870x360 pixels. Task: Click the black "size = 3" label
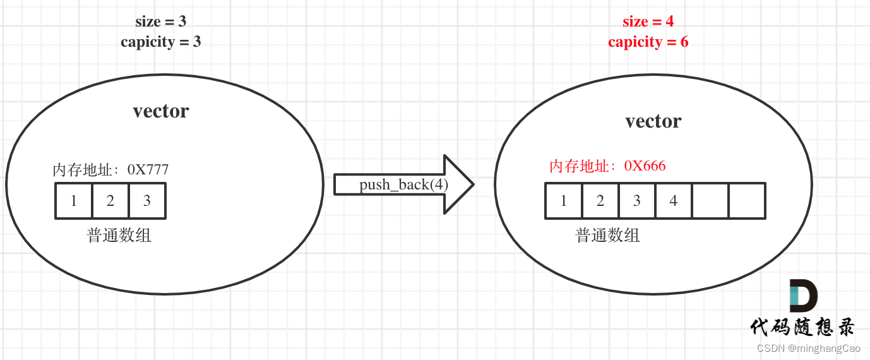(x=161, y=21)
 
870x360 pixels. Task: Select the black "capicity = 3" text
(x=161, y=42)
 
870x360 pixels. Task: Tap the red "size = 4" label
(x=648, y=21)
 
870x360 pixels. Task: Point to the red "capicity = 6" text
(x=648, y=42)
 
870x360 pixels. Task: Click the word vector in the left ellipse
(x=161, y=111)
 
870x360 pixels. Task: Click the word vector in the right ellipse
(x=653, y=121)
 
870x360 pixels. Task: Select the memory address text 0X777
(x=148, y=169)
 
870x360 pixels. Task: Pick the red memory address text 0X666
(x=645, y=165)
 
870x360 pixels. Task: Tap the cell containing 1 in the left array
(x=74, y=201)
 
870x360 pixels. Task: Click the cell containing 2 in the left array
(x=110, y=201)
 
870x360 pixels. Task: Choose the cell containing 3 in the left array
(x=147, y=201)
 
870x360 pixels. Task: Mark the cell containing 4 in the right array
(x=674, y=201)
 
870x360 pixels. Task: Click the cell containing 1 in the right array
(x=564, y=201)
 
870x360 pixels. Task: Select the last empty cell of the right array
(x=747, y=201)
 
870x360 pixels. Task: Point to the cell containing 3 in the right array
(x=637, y=201)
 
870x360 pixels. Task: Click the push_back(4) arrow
(x=403, y=184)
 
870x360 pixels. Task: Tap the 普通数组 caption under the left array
(x=119, y=236)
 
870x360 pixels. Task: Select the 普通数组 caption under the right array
(x=608, y=236)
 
